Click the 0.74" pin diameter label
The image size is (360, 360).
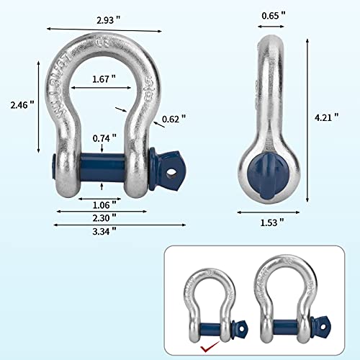[105, 138]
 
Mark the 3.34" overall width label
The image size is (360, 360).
[105, 230]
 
